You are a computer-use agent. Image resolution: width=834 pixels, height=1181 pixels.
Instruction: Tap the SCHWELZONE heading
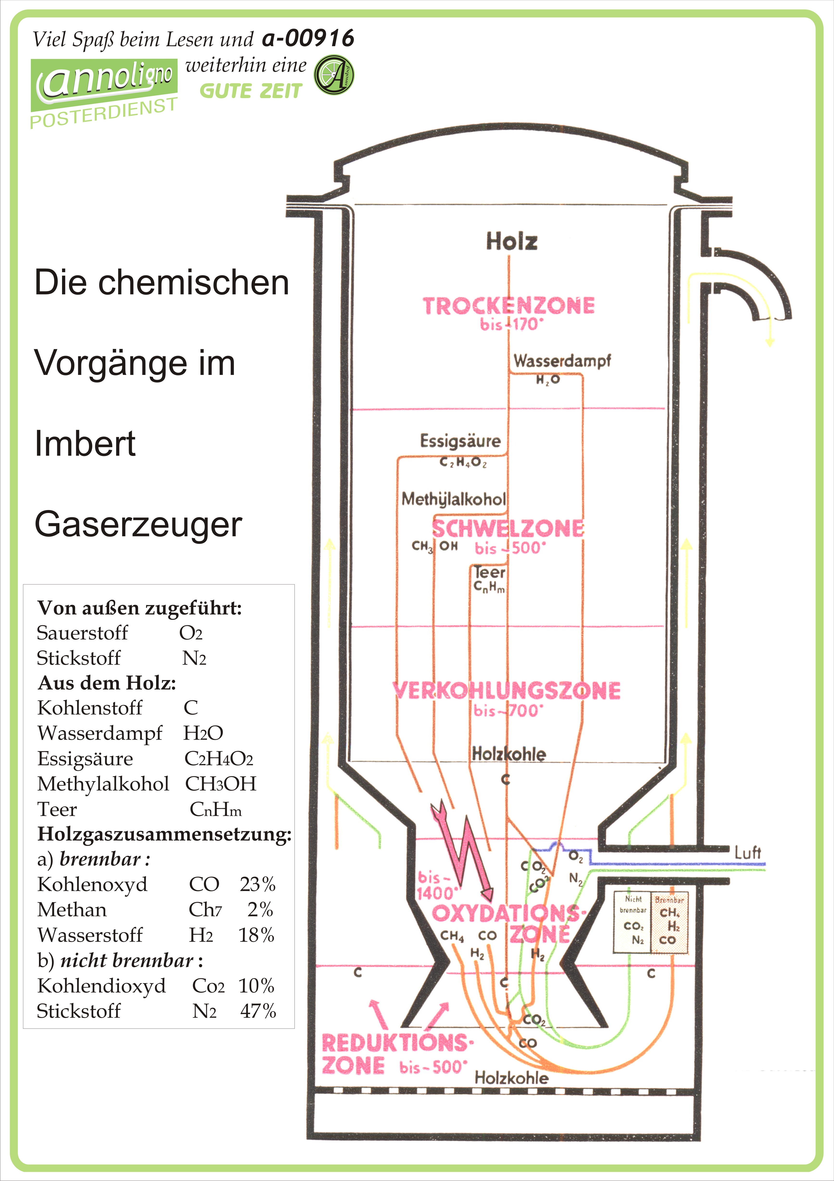508,529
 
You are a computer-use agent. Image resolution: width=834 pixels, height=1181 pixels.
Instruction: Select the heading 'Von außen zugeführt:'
140,608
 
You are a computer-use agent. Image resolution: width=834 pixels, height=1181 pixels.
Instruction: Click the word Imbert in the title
85,443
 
